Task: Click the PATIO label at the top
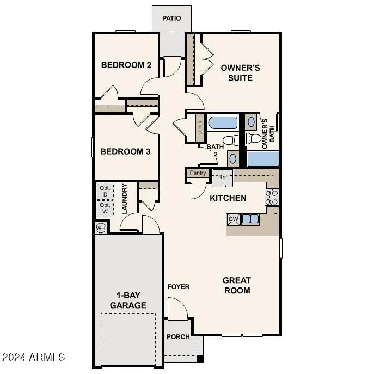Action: (x=171, y=19)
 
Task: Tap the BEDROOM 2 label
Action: (x=126, y=65)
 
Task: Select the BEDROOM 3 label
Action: (x=125, y=151)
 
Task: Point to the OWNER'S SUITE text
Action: (x=236, y=73)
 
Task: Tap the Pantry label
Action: (x=198, y=173)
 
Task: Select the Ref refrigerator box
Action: (x=223, y=177)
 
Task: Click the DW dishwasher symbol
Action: (x=233, y=219)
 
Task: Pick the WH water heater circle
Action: (x=101, y=228)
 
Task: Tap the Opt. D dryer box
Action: (x=105, y=191)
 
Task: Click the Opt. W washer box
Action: (x=105, y=208)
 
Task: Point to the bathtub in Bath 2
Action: (x=223, y=123)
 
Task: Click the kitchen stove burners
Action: (x=272, y=197)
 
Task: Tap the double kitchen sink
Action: (x=250, y=219)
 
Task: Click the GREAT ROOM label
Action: (x=237, y=285)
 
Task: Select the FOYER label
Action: (x=178, y=286)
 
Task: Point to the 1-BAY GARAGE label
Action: (x=128, y=301)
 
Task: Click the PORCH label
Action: (x=178, y=336)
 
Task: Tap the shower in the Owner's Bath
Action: (x=263, y=159)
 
